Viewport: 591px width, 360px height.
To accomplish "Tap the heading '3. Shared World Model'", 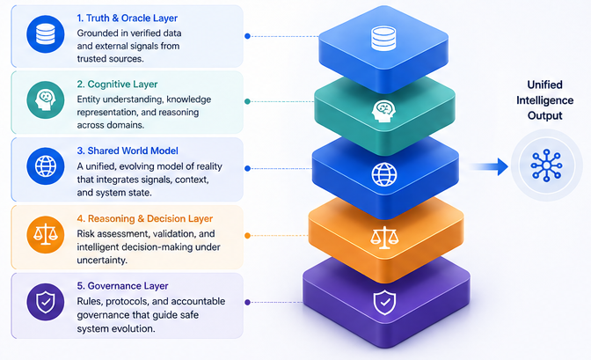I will (128, 150).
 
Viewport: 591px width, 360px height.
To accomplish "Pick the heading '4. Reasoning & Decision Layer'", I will (145, 217).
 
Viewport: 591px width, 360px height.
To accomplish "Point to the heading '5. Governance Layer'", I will (122, 285).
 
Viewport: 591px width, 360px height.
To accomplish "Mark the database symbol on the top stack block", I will (383, 40).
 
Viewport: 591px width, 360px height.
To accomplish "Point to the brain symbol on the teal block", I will (383, 110).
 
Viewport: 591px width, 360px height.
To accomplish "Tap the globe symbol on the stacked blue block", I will (383, 173).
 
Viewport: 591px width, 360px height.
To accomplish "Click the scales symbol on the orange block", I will (383, 238).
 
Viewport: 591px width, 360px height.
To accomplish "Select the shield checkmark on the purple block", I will (383, 303).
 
